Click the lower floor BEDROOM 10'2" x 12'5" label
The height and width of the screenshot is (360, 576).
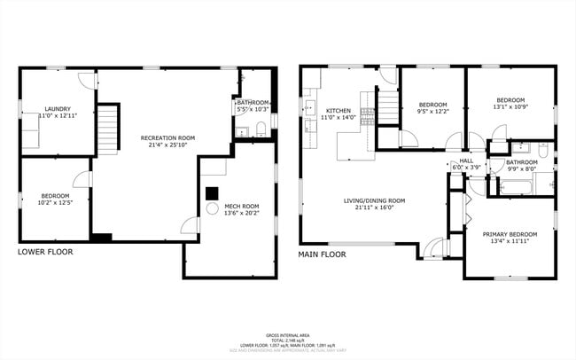[55, 196]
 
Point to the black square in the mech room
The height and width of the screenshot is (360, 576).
[212, 192]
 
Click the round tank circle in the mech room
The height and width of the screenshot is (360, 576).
[213, 209]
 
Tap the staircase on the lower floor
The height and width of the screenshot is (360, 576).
[106, 129]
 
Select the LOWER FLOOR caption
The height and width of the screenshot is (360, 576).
[45, 252]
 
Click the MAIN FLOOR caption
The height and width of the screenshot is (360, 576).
[322, 254]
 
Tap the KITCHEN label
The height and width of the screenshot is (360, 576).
[338, 111]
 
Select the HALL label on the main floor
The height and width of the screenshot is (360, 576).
[465, 161]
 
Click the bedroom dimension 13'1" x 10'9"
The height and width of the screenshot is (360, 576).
[510, 107]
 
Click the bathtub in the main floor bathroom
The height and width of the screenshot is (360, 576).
[518, 187]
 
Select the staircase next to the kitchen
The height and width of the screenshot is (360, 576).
[389, 107]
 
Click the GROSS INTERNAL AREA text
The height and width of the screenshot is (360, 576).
[289, 335]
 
